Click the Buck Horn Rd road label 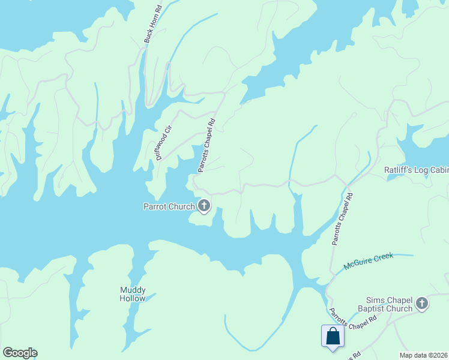pyautogui.click(x=153, y=24)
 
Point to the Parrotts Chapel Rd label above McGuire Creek pyautogui.click(x=342, y=218)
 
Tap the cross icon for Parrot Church pyautogui.click(x=204, y=206)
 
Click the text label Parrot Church pyautogui.click(x=169, y=207)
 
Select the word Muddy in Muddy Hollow pyautogui.click(x=133, y=290)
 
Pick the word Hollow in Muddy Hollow pyautogui.click(x=133, y=298)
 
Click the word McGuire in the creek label pyautogui.click(x=358, y=262)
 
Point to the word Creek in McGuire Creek pyautogui.click(x=384, y=257)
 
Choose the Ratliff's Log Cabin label pyautogui.click(x=416, y=170)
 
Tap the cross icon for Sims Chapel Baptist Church pyautogui.click(x=422, y=304)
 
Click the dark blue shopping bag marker pyautogui.click(x=332, y=337)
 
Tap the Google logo pyautogui.click(x=20, y=353)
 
